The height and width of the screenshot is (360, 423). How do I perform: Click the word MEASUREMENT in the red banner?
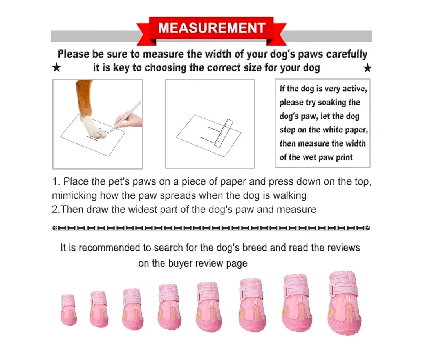click(x=212, y=28)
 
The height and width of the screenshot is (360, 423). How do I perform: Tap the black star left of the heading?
click(x=57, y=67)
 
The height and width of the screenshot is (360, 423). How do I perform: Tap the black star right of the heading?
click(x=367, y=68)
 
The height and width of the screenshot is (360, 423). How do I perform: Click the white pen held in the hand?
click(x=127, y=115)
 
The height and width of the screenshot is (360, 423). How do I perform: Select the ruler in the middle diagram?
click(x=224, y=133)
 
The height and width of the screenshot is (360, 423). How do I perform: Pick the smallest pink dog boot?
click(x=69, y=309)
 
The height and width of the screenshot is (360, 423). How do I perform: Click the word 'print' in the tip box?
click(x=344, y=157)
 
